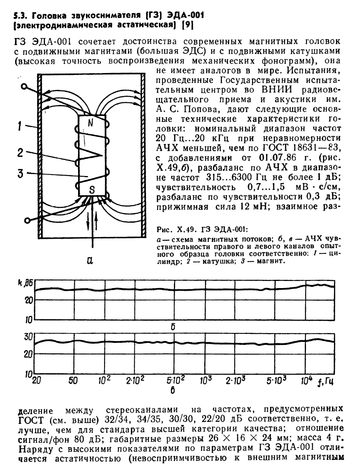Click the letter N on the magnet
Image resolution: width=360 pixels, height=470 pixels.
coord(90,123)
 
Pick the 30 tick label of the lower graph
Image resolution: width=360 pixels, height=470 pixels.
coord(26,337)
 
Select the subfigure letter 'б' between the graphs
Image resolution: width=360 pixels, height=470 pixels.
coord(172,326)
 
